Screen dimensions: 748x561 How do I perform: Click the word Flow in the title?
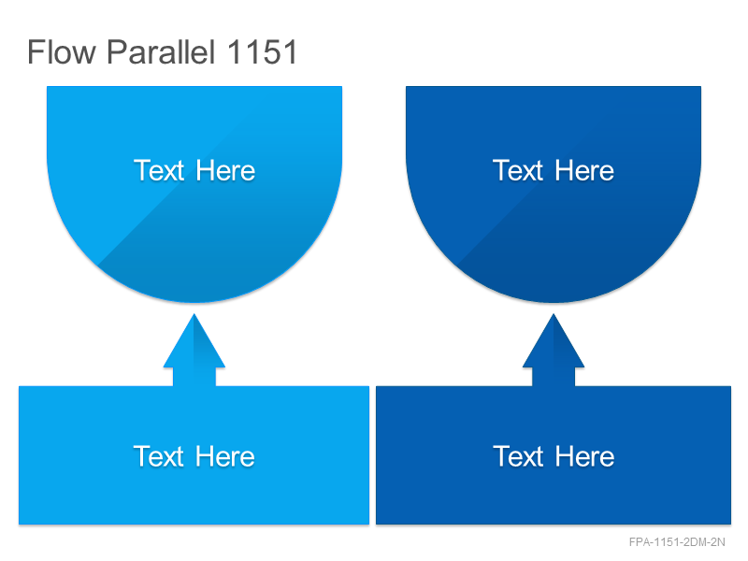[x=62, y=51]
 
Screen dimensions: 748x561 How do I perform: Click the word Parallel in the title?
[x=161, y=51]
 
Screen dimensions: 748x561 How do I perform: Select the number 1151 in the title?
[x=263, y=51]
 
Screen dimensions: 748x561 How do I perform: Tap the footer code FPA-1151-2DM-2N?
[x=677, y=542]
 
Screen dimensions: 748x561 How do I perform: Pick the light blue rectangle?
[x=194, y=455]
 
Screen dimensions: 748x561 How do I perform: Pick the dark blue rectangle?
[x=554, y=455]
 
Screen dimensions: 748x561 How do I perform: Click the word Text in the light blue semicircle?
[x=159, y=170]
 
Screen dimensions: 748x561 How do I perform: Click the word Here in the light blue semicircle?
[x=225, y=170]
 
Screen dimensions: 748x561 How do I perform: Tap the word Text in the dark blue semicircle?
[x=518, y=170]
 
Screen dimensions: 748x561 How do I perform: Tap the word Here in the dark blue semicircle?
[x=585, y=170]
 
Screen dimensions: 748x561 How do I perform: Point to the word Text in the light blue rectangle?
[x=159, y=456]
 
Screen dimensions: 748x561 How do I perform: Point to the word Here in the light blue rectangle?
[x=225, y=456]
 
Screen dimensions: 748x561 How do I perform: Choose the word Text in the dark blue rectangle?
[x=518, y=456]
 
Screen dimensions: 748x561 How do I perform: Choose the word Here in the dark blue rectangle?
[x=585, y=456]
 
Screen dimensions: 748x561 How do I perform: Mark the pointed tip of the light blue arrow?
[x=194, y=314]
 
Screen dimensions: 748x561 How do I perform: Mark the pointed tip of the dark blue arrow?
[x=554, y=314]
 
